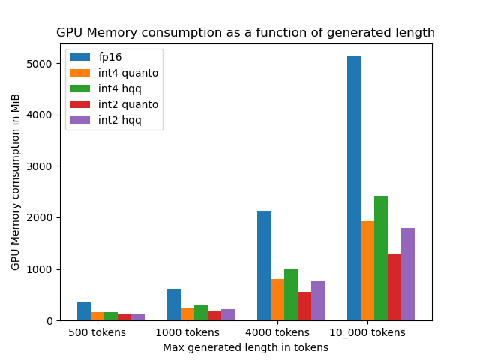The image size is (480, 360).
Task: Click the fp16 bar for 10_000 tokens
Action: (354, 188)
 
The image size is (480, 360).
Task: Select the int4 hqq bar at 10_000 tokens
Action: (381, 258)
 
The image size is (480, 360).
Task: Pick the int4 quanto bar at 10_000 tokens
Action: (367, 271)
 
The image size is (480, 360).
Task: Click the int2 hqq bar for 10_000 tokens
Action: (408, 274)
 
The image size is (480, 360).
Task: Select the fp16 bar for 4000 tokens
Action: (264, 266)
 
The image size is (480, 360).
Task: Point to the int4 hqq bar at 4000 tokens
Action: (291, 295)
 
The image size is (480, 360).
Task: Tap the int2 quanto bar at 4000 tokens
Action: (304, 306)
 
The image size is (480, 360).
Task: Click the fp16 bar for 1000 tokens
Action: (174, 304)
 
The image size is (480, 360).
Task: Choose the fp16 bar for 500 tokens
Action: (84, 311)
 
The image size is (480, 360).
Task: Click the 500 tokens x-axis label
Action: (97, 332)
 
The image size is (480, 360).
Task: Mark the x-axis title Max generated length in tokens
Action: (245, 347)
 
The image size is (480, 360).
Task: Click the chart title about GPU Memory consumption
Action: (245, 33)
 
